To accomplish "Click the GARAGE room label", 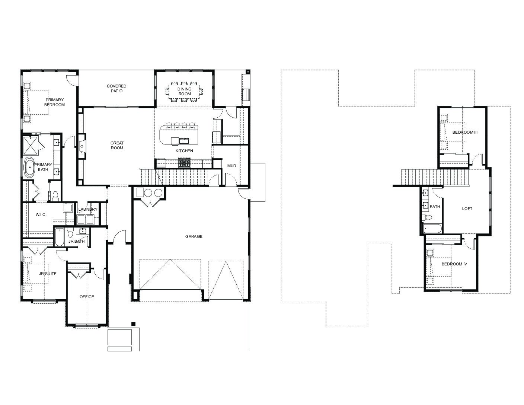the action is (x=194, y=236).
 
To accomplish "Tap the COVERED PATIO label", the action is (x=116, y=89).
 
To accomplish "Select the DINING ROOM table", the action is (x=184, y=92).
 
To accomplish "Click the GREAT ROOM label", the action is (x=117, y=146).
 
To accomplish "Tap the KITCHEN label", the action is (x=184, y=151).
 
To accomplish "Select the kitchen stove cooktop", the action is (x=184, y=163).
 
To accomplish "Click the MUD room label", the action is (x=232, y=166).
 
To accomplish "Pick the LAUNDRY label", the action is (x=88, y=209).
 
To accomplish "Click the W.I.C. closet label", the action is (x=41, y=215).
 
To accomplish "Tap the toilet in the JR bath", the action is (x=70, y=233).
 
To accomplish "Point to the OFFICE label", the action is (x=87, y=297).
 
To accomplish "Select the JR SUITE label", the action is (x=48, y=274).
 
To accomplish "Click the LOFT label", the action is (x=467, y=209).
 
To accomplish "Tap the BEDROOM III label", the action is (x=465, y=132).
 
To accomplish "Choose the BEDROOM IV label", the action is (x=454, y=264).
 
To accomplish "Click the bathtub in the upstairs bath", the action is (x=432, y=229).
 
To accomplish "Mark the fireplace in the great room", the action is (x=82, y=146).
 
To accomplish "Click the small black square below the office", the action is (x=133, y=324).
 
